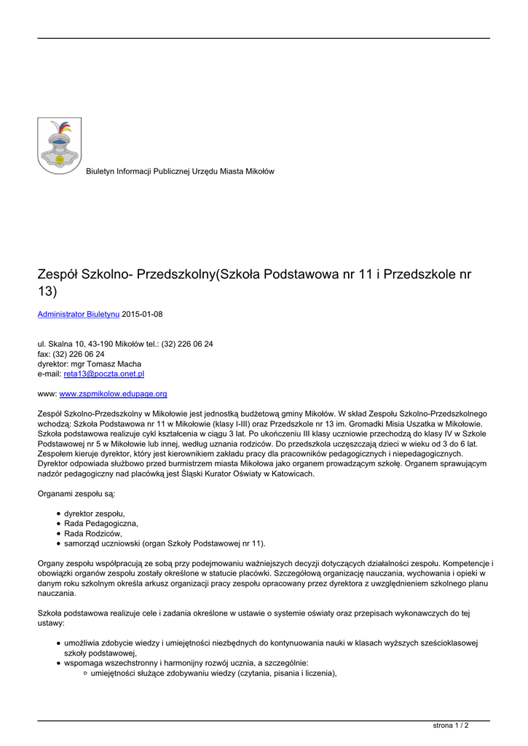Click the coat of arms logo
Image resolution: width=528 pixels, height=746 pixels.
(x=60, y=146)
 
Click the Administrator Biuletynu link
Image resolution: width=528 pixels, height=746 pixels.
(x=79, y=314)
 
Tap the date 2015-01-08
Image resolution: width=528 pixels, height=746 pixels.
(x=142, y=314)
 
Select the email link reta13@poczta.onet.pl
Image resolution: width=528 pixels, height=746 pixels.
(x=104, y=374)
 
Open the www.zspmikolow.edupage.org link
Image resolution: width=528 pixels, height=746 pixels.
(x=113, y=394)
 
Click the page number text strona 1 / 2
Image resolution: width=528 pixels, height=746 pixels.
(x=451, y=726)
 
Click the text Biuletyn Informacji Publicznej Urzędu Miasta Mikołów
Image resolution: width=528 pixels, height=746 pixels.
(x=180, y=171)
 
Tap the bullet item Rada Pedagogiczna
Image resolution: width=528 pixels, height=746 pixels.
(x=101, y=523)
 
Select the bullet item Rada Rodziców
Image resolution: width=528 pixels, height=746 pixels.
(x=93, y=533)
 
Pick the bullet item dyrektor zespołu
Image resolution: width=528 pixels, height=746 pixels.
(x=95, y=513)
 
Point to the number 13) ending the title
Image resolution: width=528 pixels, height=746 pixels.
(x=47, y=291)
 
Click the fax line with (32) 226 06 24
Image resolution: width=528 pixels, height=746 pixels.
(x=71, y=353)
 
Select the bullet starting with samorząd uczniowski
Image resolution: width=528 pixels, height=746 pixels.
(x=165, y=543)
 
